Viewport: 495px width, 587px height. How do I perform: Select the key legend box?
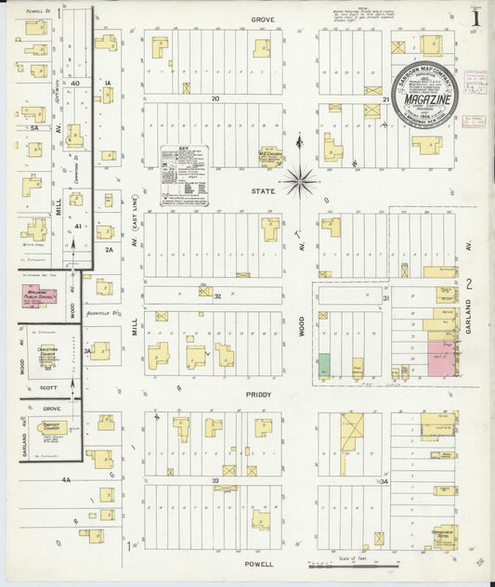pyautogui.click(x=184, y=173)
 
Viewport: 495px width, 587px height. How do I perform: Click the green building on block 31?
pyautogui.click(x=325, y=365)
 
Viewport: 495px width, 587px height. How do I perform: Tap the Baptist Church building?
pyautogui.click(x=53, y=428)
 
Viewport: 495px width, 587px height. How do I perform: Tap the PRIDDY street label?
pyautogui.click(x=259, y=395)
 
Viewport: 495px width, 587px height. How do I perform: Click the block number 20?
pyautogui.click(x=214, y=98)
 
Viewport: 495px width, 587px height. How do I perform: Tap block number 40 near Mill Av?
pyautogui.click(x=74, y=84)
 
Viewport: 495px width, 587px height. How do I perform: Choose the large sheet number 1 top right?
pyautogui.click(x=475, y=18)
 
